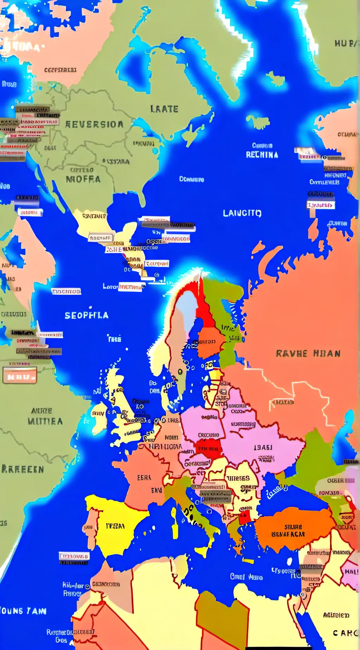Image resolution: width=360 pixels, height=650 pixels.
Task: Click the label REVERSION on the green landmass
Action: [x=94, y=124]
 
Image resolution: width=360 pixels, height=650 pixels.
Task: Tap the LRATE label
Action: [x=164, y=109]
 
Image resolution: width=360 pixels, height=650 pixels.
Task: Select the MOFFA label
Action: [x=83, y=179]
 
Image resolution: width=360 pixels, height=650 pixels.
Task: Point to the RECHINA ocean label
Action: [x=262, y=155]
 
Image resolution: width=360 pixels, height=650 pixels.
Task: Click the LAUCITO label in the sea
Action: [x=242, y=213]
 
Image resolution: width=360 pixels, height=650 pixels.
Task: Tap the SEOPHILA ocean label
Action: [x=86, y=316]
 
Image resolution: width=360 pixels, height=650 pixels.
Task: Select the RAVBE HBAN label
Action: [x=308, y=353]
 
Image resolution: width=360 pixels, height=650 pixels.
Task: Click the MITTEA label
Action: [x=45, y=421]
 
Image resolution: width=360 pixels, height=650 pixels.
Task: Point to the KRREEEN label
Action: [x=22, y=469]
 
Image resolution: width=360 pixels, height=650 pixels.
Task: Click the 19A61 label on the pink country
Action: [x=263, y=448]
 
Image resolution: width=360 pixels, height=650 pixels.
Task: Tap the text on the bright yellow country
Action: [x=115, y=526]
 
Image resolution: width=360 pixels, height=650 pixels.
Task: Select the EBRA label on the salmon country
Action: [x=144, y=478]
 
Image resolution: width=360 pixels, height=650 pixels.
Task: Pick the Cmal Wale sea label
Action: [x=246, y=577]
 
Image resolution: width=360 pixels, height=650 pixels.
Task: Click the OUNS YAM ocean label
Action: [x=23, y=611]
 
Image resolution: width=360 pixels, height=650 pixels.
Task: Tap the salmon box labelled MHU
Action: [x=20, y=376]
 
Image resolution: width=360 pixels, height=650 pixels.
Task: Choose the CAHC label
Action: [x=345, y=633]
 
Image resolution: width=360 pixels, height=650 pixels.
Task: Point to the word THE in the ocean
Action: [x=114, y=339]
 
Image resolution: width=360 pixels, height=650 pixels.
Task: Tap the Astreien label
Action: [x=336, y=615]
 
